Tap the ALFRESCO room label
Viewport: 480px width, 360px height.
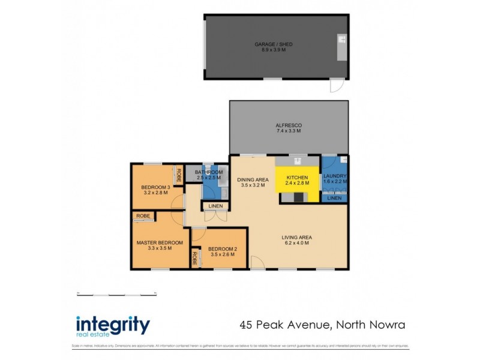[x=288, y=125]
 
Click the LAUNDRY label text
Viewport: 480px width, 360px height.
[x=335, y=176]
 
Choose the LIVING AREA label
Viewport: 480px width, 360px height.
[x=296, y=237]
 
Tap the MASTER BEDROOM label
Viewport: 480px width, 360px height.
[x=159, y=242]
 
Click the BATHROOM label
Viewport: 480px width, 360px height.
[x=208, y=173]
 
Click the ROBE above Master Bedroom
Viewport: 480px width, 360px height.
[x=143, y=215]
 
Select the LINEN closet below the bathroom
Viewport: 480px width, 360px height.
[x=215, y=206]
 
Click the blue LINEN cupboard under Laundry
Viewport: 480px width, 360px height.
[x=335, y=198]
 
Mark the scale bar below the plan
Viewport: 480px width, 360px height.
[x=116, y=293]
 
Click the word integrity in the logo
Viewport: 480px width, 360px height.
[x=113, y=324]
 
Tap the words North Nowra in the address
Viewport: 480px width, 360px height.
[x=371, y=325]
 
